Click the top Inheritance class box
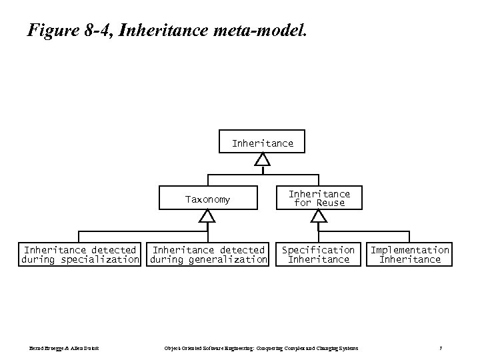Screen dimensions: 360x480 pos(262,143)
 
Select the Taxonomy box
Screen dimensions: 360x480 pos(207,199)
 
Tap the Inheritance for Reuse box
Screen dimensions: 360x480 pos(319,198)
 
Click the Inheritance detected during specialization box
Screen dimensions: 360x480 pos(80,255)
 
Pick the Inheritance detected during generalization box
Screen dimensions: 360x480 pos(208,255)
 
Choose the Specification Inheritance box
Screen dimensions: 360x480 pos(318,255)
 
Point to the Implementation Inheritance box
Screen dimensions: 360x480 pos(410,255)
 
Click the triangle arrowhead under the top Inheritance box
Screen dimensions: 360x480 pos(263,160)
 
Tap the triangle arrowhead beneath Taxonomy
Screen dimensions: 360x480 pos(207,216)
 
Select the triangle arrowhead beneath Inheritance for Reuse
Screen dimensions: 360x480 pos(319,217)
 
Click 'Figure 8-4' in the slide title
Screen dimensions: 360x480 pos(66,30)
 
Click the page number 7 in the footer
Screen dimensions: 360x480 pos(441,348)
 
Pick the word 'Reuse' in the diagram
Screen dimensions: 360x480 pos(331,203)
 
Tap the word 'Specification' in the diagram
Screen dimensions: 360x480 pos(318,250)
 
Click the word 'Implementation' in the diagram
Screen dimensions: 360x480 pos(410,250)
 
